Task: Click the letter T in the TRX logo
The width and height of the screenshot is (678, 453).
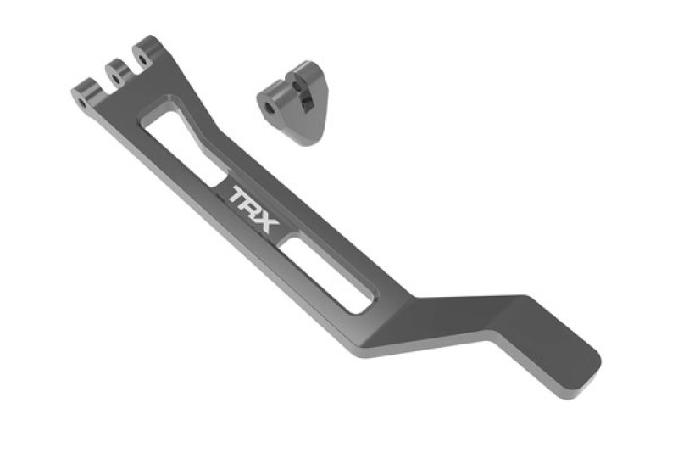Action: pos(239,195)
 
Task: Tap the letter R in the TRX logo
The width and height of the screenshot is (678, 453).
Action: pos(253,207)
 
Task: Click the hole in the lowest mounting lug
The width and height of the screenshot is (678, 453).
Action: pos(82,103)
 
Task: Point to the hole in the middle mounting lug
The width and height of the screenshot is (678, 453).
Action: pos(114,79)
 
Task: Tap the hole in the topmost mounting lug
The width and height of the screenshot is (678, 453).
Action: pos(142,58)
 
